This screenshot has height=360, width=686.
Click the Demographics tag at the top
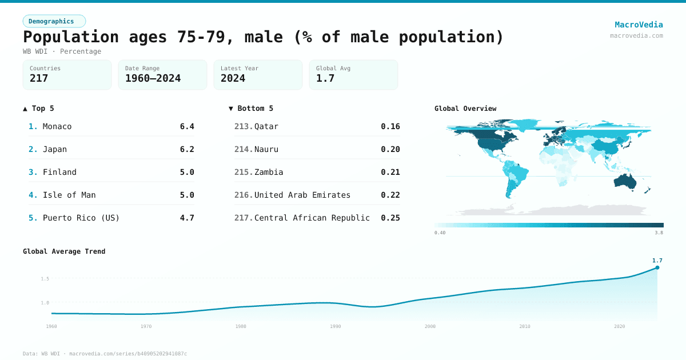pyautogui.click(x=54, y=21)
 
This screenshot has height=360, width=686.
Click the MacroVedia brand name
pyautogui.click(x=639, y=25)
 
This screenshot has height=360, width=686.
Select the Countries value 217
pyautogui.click(x=39, y=78)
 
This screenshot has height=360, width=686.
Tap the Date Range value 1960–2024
pyautogui.click(x=153, y=78)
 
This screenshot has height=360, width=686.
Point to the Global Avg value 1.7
pyautogui.click(x=325, y=78)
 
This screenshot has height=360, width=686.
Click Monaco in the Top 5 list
pyautogui.click(x=57, y=126)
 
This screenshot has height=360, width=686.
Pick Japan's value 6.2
pyautogui.click(x=187, y=149)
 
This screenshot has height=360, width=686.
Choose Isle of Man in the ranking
pyautogui.click(x=69, y=195)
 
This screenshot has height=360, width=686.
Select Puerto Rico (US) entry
pyautogui.click(x=81, y=218)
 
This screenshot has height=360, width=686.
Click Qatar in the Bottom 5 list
pyautogui.click(x=266, y=126)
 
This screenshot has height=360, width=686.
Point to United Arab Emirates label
pyautogui.click(x=302, y=195)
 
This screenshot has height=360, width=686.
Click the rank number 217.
pyautogui.click(x=243, y=218)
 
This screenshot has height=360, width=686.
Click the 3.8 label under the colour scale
pyautogui.click(x=659, y=233)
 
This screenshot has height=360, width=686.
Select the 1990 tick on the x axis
pyautogui.click(x=336, y=326)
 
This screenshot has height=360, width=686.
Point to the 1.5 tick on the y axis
pyautogui.click(x=45, y=279)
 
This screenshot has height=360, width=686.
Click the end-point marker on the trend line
pyautogui.click(x=657, y=267)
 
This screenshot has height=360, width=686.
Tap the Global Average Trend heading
pyautogui.click(x=64, y=251)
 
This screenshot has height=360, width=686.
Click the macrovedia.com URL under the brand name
pyautogui.click(x=636, y=35)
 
